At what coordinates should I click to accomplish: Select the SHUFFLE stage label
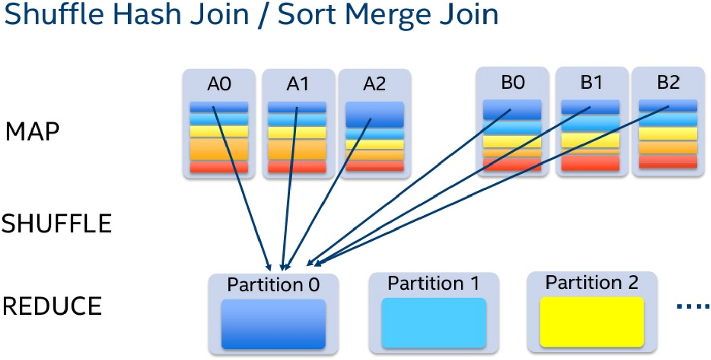tap(56, 224)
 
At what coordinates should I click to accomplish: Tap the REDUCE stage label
tap(52, 306)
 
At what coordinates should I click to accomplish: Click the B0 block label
tap(512, 83)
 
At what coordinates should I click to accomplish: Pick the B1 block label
tap(591, 83)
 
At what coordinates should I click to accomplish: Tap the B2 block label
tap(668, 83)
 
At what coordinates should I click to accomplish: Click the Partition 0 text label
tap(273, 285)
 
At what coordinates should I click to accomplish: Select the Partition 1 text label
tap(433, 283)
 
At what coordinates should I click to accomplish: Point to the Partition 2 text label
tap(592, 282)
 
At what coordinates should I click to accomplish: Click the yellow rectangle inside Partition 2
tap(592, 322)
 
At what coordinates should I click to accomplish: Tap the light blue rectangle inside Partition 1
tap(434, 323)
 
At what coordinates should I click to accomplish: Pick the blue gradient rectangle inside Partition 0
tap(273, 324)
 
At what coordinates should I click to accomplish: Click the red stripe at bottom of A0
tap(219, 167)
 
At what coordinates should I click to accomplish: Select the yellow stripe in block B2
tap(668, 134)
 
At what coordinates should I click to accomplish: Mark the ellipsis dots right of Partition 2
tap(693, 306)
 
